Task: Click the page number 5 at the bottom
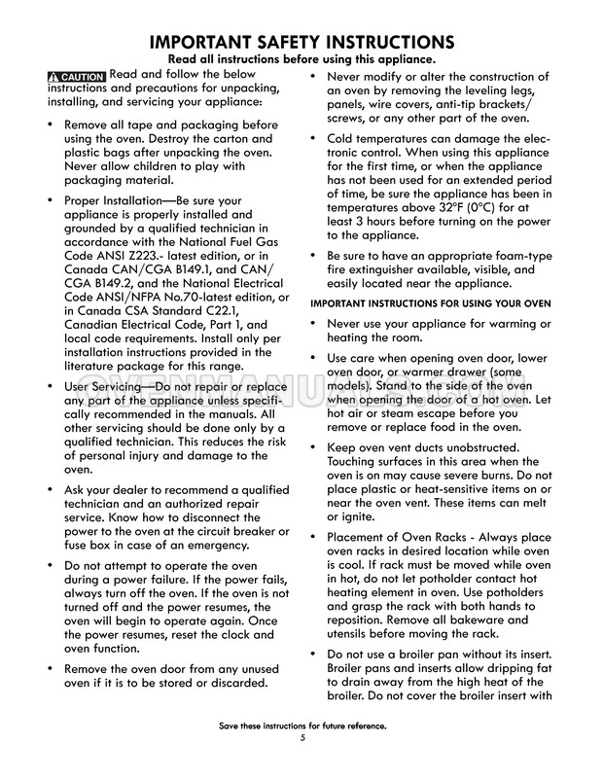pos(302,737)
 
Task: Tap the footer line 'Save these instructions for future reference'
pos(302,726)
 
